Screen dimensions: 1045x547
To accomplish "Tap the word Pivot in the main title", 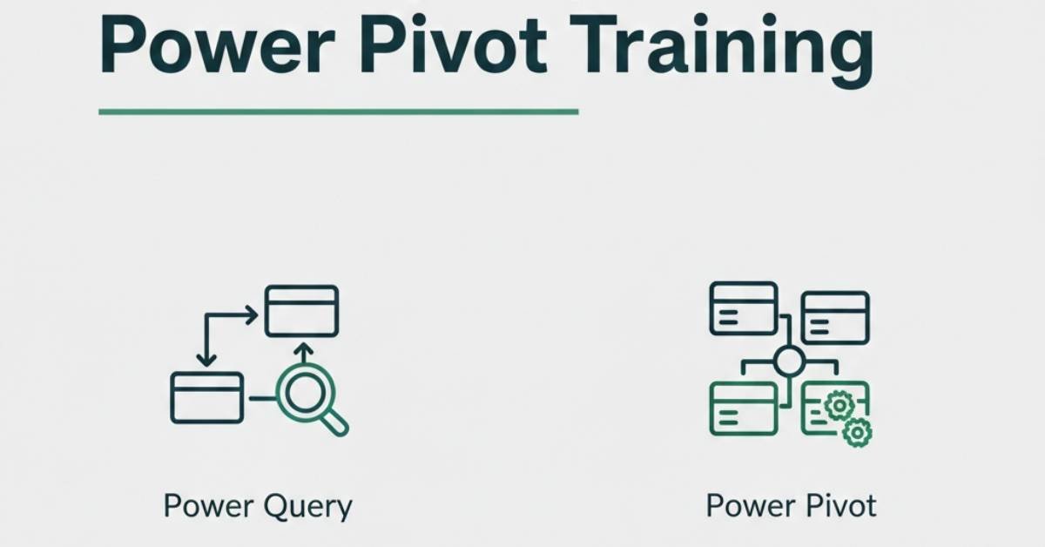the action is point(453,45).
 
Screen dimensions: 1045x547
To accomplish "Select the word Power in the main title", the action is point(218,45).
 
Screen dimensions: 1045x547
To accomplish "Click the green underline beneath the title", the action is point(339,111).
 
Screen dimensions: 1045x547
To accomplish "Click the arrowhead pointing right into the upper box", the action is point(252,315).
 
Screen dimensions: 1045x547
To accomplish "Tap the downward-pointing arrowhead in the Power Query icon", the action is point(206,360).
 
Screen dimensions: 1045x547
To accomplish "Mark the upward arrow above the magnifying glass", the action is point(305,354).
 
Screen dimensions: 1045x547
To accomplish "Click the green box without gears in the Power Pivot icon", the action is point(744,384).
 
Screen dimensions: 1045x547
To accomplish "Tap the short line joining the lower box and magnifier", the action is point(263,398).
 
